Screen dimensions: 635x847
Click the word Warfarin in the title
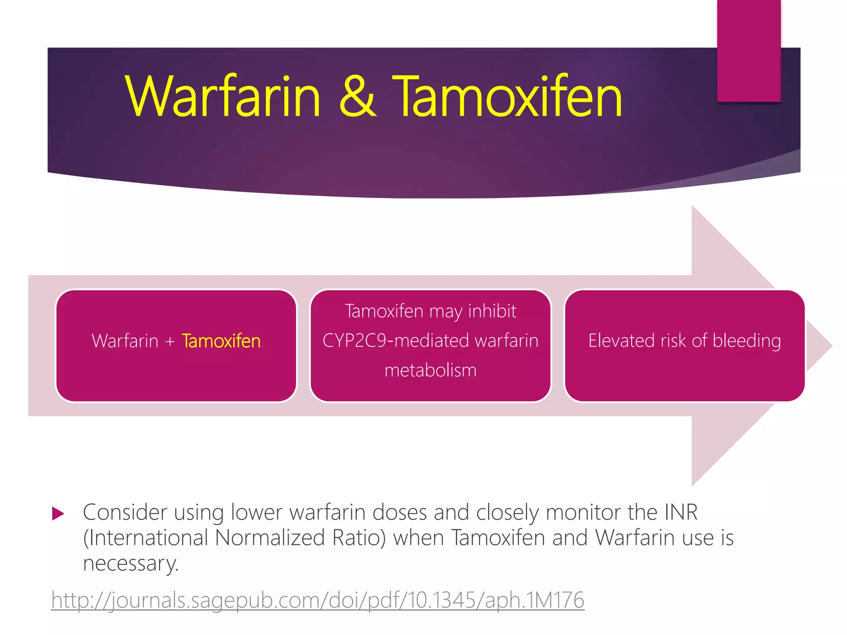pos(223,97)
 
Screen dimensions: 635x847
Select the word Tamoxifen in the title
pos(507,97)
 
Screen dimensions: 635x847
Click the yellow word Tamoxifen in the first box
pos(221,341)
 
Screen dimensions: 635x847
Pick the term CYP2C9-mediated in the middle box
pos(397,341)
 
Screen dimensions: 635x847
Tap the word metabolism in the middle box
pos(431,370)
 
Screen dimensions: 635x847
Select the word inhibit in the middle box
pos(492,311)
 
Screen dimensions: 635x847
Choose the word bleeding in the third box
pos(747,341)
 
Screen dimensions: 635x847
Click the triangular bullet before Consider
pos(58,514)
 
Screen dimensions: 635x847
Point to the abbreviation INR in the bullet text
pos(681,513)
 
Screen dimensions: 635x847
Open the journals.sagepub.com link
pos(318,600)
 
